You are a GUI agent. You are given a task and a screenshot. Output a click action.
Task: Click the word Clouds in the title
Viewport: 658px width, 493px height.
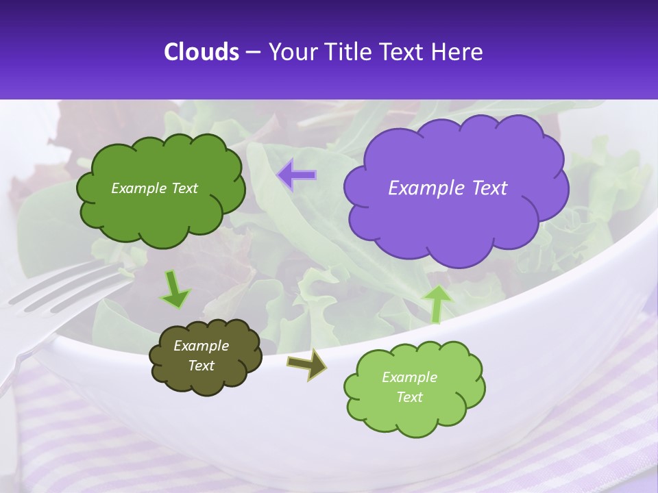point(202,52)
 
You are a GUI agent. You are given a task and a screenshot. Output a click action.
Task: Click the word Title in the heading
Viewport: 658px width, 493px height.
point(348,52)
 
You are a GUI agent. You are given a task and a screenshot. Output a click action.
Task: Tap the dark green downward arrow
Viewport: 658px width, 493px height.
point(175,289)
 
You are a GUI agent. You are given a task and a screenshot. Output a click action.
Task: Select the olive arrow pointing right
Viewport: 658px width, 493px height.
point(306,364)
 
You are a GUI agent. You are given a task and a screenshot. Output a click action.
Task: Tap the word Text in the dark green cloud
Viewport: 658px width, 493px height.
point(184,188)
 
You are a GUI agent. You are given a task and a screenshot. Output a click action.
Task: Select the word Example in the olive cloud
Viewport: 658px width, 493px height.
point(201,346)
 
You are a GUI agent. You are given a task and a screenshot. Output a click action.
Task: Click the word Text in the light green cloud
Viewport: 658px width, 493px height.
point(409,397)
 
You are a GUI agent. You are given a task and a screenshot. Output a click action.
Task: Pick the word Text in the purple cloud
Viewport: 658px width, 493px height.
point(485,188)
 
